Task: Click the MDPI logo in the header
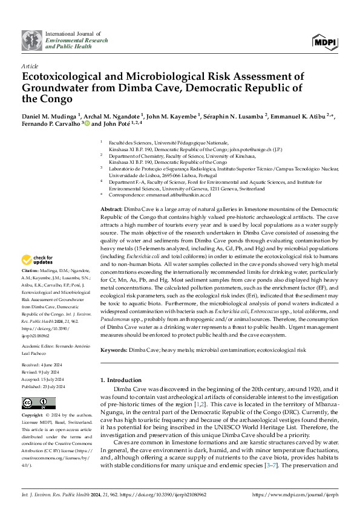pos(324,41)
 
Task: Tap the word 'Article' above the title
pos(29,65)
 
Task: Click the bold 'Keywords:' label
pos(113,350)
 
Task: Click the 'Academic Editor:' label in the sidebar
pos(39,329)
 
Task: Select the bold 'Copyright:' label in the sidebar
pos(33,416)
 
